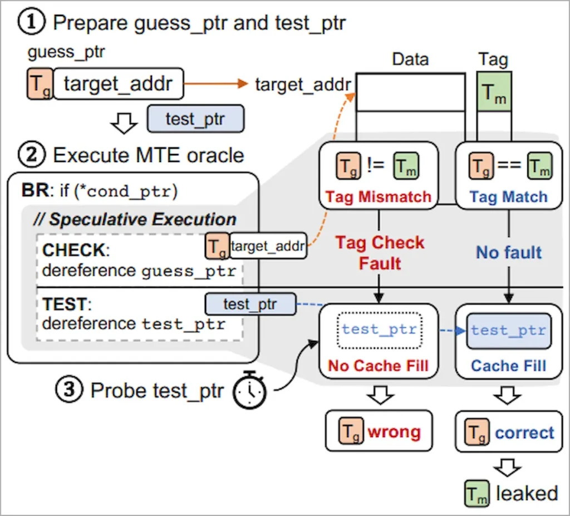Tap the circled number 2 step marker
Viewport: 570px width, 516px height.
(32, 155)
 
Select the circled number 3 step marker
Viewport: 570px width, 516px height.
(69, 390)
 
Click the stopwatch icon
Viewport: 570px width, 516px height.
(249, 390)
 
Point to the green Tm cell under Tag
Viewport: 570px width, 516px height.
(494, 91)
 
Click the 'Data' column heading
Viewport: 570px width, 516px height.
(410, 59)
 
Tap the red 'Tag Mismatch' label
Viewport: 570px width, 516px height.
(378, 196)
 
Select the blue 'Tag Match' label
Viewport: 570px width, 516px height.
(508, 196)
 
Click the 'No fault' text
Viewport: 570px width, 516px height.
(509, 252)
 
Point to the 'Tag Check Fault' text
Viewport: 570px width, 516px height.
(380, 253)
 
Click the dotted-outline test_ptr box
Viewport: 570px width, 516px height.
(380, 330)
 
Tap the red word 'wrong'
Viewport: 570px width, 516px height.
(394, 431)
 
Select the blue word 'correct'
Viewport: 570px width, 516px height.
(524, 433)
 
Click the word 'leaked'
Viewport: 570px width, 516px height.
(527, 493)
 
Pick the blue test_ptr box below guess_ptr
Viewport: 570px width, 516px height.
(195, 119)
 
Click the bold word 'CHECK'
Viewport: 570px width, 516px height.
(74, 250)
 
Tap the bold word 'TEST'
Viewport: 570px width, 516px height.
(65, 304)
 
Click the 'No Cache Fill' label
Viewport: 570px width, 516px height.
(378, 366)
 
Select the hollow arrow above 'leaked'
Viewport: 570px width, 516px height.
(508, 467)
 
